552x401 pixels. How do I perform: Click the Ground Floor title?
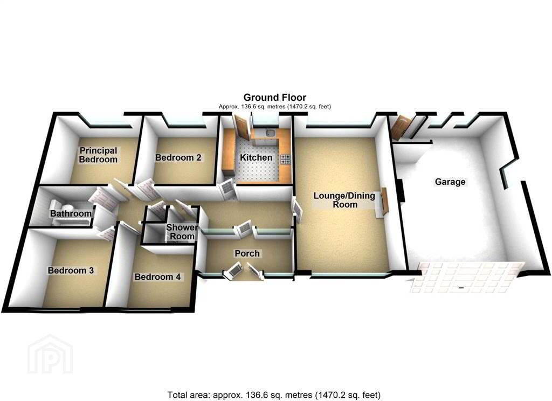274,97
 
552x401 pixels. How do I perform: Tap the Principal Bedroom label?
98,155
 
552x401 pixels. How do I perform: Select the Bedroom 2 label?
178,157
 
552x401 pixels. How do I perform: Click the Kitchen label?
256,157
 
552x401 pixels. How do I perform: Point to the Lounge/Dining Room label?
344,200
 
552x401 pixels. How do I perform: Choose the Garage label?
450,182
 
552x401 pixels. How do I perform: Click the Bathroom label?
71,213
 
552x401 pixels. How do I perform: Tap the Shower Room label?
182,232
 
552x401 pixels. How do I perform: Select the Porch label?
247,253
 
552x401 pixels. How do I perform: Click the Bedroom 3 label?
71,271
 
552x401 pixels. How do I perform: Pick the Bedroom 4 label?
157,276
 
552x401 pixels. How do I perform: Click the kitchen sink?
271,133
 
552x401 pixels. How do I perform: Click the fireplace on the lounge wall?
383,202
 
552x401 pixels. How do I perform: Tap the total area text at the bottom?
274,395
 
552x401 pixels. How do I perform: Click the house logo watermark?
50,354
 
